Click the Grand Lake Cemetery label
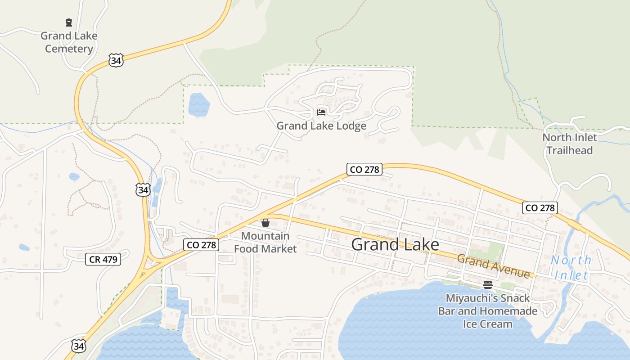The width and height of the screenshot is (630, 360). pyautogui.click(x=69, y=42)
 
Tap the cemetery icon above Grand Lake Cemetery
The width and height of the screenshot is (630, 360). pyautogui.click(x=69, y=22)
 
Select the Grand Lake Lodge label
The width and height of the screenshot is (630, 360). pyautogui.click(x=321, y=126)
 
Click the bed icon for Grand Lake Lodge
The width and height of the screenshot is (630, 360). pyautogui.click(x=321, y=112)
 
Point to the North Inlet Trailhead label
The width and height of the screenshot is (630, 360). pyautogui.click(x=570, y=144)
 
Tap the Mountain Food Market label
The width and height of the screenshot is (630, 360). pyautogui.click(x=265, y=242)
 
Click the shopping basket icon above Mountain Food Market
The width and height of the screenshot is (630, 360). pyautogui.click(x=265, y=223)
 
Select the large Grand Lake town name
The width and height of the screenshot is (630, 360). pyautogui.click(x=395, y=244)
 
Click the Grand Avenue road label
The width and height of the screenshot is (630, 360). pyautogui.click(x=494, y=266)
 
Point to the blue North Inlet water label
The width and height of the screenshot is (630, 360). pyautogui.click(x=571, y=267)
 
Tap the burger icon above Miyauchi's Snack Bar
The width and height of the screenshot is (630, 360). pyautogui.click(x=488, y=284)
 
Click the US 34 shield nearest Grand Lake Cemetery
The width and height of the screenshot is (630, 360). pyautogui.click(x=116, y=60)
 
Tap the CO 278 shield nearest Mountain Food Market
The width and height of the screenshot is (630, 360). pyautogui.click(x=201, y=245)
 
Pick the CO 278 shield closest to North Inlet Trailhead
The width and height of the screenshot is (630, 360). pyautogui.click(x=540, y=207)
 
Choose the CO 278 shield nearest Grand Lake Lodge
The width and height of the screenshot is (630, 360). pyautogui.click(x=364, y=169)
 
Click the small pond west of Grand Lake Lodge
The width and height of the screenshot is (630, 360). pyautogui.click(x=199, y=105)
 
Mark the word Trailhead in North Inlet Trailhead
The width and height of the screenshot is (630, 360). pyautogui.click(x=570, y=150)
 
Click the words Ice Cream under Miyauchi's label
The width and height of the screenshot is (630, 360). pyautogui.click(x=488, y=324)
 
